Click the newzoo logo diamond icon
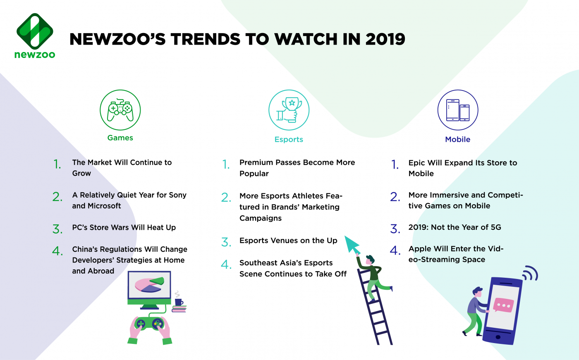tap(35, 31)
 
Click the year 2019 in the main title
tap(385, 39)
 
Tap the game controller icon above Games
tap(120, 110)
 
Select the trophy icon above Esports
tap(289, 110)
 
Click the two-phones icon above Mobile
tap(458, 110)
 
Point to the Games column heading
tap(120, 138)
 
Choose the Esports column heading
tap(289, 140)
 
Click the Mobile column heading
tap(457, 140)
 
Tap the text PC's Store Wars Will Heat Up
tap(124, 228)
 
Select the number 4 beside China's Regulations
tap(57, 251)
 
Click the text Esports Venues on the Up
tap(288, 241)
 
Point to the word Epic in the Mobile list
tap(416, 163)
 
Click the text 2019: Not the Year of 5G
tap(455, 227)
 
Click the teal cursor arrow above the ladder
tap(352, 245)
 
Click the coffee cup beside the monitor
tap(179, 302)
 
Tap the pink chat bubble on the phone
tap(503, 305)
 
